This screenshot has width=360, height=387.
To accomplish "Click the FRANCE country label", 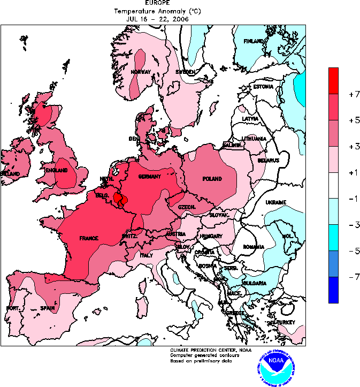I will tap(88, 238).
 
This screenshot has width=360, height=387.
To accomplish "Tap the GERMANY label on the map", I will tap(149, 177).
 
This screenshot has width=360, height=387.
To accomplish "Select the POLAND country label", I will tap(212, 179).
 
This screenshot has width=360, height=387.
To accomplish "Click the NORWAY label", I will tap(141, 72).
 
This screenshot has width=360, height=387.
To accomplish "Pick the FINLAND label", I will tap(254, 41).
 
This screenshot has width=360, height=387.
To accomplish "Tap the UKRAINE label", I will tap(276, 202).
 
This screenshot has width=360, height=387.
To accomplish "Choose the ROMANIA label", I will tap(254, 247).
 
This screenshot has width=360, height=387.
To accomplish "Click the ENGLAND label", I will tap(57, 170).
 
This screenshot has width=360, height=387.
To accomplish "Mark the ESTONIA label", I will tap(263, 87).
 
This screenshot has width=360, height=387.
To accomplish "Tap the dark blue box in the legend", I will tap(333, 290).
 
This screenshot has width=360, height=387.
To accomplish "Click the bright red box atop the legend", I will tap(333, 81).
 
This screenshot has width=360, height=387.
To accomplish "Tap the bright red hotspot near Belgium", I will tap(119, 199).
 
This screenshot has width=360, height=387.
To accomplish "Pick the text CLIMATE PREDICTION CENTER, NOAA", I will tap(207, 350).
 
